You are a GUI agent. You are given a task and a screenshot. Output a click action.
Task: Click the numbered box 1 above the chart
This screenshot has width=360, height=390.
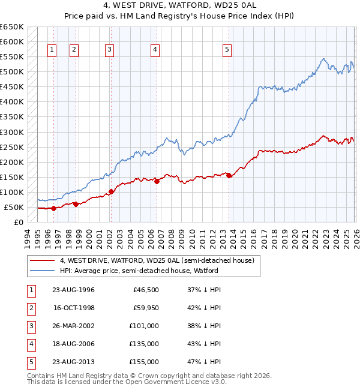pyautogui.click(x=53, y=50)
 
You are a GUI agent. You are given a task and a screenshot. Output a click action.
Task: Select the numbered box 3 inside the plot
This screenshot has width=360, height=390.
pyautogui.click(x=110, y=50)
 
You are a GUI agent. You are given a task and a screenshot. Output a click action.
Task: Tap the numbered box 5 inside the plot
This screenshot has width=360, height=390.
pyautogui.click(x=227, y=50)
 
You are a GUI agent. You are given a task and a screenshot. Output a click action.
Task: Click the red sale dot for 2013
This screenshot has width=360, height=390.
pyautogui.click(x=229, y=175)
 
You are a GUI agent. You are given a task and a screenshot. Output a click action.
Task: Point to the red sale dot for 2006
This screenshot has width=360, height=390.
pyautogui.click(x=157, y=181)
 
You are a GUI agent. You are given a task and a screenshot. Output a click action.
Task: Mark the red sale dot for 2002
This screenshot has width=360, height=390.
pyautogui.click(x=111, y=192)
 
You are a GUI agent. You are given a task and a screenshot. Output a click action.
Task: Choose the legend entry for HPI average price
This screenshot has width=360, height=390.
pyautogui.click(x=139, y=271)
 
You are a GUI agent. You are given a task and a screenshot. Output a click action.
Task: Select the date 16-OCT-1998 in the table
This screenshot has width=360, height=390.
pyautogui.click(x=74, y=308)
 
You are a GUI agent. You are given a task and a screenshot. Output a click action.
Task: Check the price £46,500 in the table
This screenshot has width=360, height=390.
pyautogui.click(x=146, y=290)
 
